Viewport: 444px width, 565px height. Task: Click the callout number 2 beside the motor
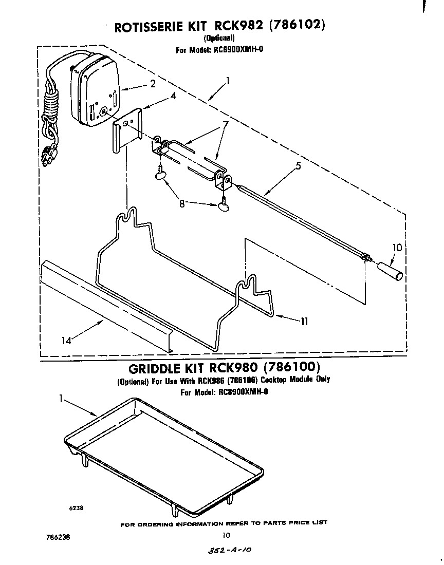[x=153, y=85]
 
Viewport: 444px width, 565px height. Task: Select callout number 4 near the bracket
[x=174, y=95]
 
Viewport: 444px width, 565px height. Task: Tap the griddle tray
[x=164, y=452]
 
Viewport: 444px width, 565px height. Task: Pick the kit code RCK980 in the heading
[x=232, y=368]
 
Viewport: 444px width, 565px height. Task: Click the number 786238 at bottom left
[x=57, y=536]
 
